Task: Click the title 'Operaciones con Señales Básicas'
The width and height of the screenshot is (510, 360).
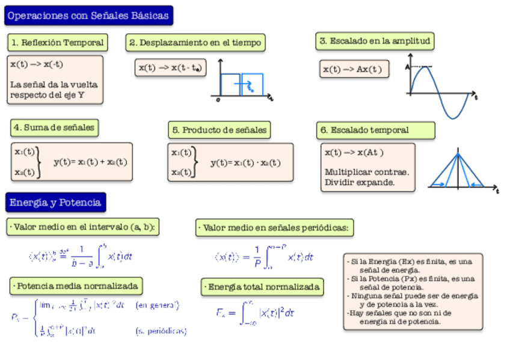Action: pyautogui.click(x=88, y=16)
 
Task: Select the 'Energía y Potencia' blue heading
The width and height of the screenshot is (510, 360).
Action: pyautogui.click(x=55, y=203)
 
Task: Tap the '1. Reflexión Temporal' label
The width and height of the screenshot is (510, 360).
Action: pyautogui.click(x=58, y=43)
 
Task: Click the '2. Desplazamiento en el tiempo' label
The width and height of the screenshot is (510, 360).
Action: pyautogui.click(x=195, y=43)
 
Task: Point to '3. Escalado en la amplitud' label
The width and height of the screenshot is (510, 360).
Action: pyautogui.click(x=375, y=41)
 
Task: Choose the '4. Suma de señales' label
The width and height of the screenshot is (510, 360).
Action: pyautogui.click(x=54, y=127)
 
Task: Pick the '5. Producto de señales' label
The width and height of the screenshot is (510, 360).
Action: pyautogui.click(x=219, y=130)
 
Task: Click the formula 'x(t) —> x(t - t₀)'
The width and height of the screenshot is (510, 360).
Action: pyautogui.click(x=171, y=68)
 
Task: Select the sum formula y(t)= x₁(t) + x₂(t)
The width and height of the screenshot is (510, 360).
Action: pyautogui.click(x=90, y=162)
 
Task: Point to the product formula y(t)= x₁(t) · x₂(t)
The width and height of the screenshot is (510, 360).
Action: pyautogui.click(x=245, y=162)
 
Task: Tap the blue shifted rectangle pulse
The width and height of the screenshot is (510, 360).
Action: pyautogui.click(x=252, y=84)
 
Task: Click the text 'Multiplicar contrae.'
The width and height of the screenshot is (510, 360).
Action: pyautogui.click(x=366, y=172)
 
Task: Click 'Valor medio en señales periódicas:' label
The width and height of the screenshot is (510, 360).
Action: pyautogui.click(x=275, y=228)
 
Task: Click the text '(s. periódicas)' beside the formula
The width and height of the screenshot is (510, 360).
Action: pyautogui.click(x=161, y=331)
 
